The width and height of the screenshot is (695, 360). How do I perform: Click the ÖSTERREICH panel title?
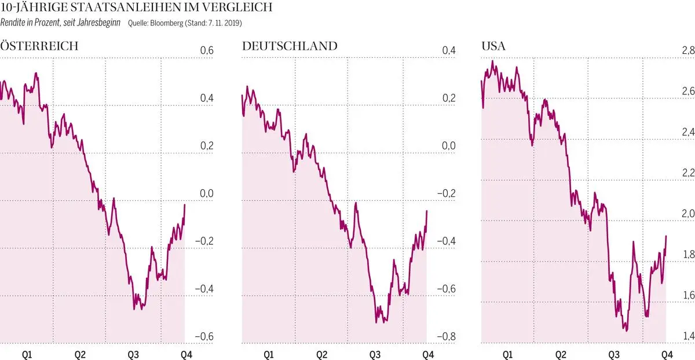point(39,46)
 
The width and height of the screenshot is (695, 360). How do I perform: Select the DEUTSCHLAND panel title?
point(290,46)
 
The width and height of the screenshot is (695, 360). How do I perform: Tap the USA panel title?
point(494,46)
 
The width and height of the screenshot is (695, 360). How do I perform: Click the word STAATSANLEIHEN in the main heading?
point(118,8)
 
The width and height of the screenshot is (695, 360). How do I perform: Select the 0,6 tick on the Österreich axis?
point(207,52)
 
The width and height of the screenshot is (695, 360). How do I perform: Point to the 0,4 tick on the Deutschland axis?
point(449,52)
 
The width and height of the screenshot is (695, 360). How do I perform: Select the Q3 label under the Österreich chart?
point(133,353)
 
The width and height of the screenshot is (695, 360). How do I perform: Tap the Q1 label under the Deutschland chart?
point(268,353)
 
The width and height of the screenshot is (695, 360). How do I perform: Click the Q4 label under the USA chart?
point(666,353)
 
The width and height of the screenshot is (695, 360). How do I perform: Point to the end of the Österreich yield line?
point(185,205)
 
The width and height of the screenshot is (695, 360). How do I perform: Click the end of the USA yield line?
point(666,236)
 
